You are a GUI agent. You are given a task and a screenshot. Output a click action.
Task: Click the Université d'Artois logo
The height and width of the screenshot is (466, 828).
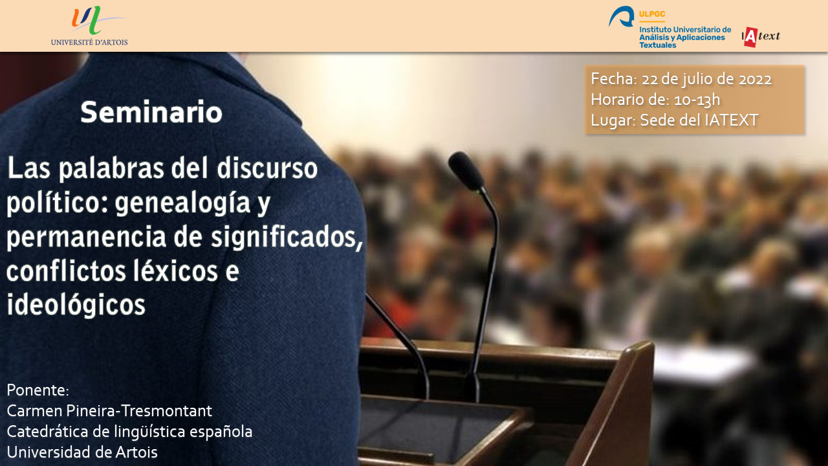[x=89, y=25]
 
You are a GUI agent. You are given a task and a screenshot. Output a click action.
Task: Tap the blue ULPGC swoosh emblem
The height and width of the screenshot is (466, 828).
[x=622, y=16]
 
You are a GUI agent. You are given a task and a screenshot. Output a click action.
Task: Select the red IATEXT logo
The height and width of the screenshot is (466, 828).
[x=761, y=37]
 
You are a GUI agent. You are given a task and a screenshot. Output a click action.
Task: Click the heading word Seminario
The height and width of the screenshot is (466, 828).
[x=151, y=112]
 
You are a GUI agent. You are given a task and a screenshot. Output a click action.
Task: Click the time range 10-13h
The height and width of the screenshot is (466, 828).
[x=697, y=100]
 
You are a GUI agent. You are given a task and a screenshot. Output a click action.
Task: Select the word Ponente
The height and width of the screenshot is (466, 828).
[x=38, y=390]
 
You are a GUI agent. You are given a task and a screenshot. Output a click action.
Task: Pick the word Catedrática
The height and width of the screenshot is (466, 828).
[x=47, y=431]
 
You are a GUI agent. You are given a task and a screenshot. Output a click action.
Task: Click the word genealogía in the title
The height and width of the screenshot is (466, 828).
[x=182, y=203]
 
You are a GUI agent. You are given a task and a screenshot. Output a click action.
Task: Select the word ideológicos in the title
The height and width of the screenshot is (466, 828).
[x=76, y=305]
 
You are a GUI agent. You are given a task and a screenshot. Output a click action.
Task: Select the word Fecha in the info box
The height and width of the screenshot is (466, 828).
[x=612, y=79]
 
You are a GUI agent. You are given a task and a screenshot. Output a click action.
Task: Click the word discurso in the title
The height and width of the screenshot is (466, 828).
[x=267, y=168]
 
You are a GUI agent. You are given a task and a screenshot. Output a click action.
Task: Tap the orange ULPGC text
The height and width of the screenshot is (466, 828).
[x=652, y=14]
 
